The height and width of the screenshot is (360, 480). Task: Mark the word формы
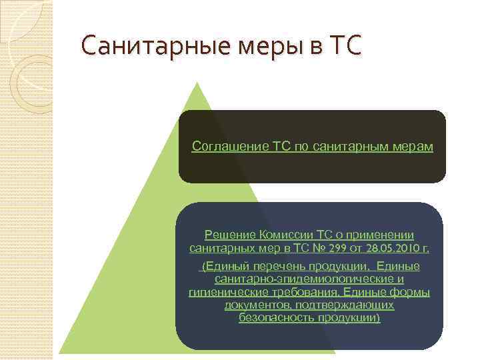[411, 293]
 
